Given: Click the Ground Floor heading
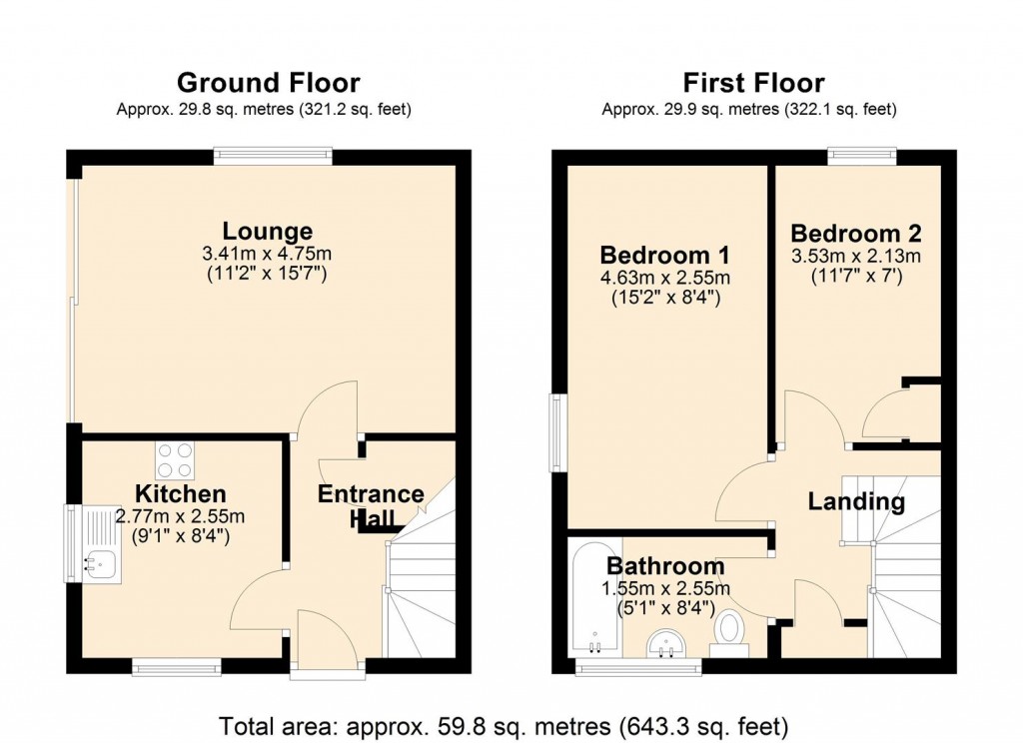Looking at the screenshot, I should (x=268, y=82).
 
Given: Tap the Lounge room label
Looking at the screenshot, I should (x=267, y=232).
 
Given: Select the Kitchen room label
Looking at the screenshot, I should (x=181, y=493).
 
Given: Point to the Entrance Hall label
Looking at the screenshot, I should (x=371, y=505).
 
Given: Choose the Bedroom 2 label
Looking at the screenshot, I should (x=858, y=233).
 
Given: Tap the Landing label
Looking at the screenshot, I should (x=856, y=501).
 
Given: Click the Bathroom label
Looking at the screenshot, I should (x=665, y=566).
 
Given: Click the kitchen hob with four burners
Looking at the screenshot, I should (x=175, y=460).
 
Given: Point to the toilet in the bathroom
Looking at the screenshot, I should (x=730, y=632).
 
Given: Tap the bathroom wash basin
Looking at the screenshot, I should (x=665, y=644).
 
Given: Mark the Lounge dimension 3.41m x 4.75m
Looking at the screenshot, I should (x=267, y=254).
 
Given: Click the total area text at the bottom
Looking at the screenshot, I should (x=505, y=723).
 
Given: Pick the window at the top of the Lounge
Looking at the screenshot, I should (x=272, y=155).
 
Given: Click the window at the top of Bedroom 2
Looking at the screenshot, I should (x=861, y=155).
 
